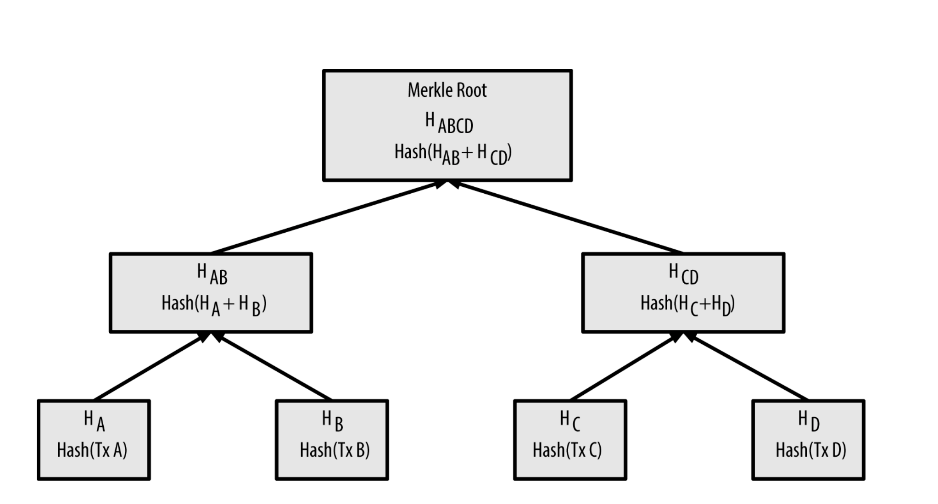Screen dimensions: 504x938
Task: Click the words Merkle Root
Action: [x=447, y=90]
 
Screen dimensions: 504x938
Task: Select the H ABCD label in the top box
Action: [x=448, y=123]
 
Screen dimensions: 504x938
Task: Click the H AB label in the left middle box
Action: [x=212, y=274]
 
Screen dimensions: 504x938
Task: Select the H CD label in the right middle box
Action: [x=683, y=274]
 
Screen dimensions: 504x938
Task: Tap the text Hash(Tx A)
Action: [x=92, y=450]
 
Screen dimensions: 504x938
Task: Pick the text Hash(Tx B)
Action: [x=335, y=450]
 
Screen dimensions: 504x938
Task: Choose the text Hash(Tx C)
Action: [x=567, y=450]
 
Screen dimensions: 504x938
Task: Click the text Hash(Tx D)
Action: [x=810, y=450]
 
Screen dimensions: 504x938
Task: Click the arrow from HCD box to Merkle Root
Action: [x=569, y=218]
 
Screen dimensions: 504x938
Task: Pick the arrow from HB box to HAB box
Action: [x=274, y=366]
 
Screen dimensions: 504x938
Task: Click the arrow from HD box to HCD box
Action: [x=748, y=366]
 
